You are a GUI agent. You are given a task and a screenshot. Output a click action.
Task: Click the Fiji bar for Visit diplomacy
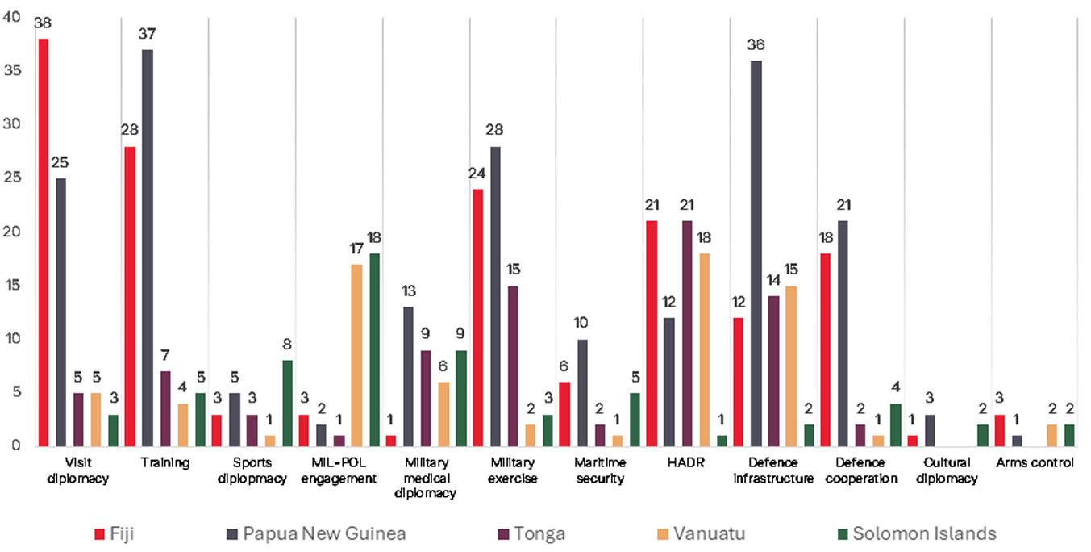(43, 242)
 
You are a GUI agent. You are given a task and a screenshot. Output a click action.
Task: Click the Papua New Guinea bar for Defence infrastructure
(756, 253)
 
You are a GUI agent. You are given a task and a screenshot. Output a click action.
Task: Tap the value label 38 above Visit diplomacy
(43, 23)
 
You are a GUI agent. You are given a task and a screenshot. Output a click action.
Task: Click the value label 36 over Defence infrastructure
(756, 45)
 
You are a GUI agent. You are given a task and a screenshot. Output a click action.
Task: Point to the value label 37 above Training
(148, 34)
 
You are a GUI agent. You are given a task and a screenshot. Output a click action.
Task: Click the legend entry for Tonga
(529, 533)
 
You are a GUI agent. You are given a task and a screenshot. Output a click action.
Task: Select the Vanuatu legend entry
(697, 533)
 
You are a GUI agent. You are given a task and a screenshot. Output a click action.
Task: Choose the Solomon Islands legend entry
(915, 533)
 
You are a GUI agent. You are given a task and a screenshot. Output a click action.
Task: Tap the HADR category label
(686, 463)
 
